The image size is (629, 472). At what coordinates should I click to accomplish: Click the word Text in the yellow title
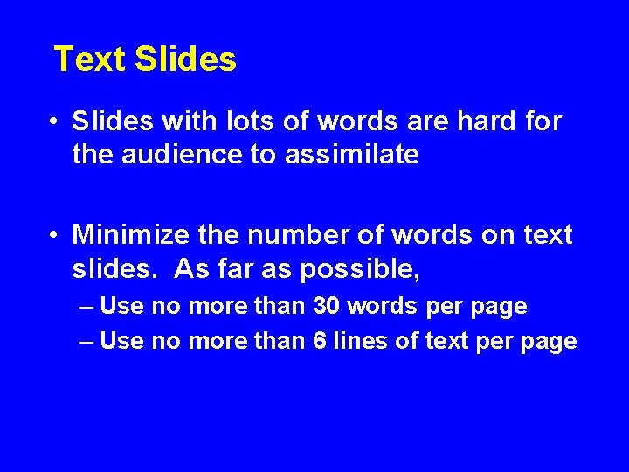[90, 59]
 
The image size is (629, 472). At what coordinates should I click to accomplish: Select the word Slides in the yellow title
[185, 59]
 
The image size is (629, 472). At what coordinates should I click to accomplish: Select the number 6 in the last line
[320, 341]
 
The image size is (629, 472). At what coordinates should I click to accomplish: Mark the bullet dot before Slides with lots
[54, 121]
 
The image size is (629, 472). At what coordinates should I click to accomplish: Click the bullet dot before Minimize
[54, 235]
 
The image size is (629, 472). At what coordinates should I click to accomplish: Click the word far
[232, 270]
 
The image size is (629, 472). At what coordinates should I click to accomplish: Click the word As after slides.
[190, 270]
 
